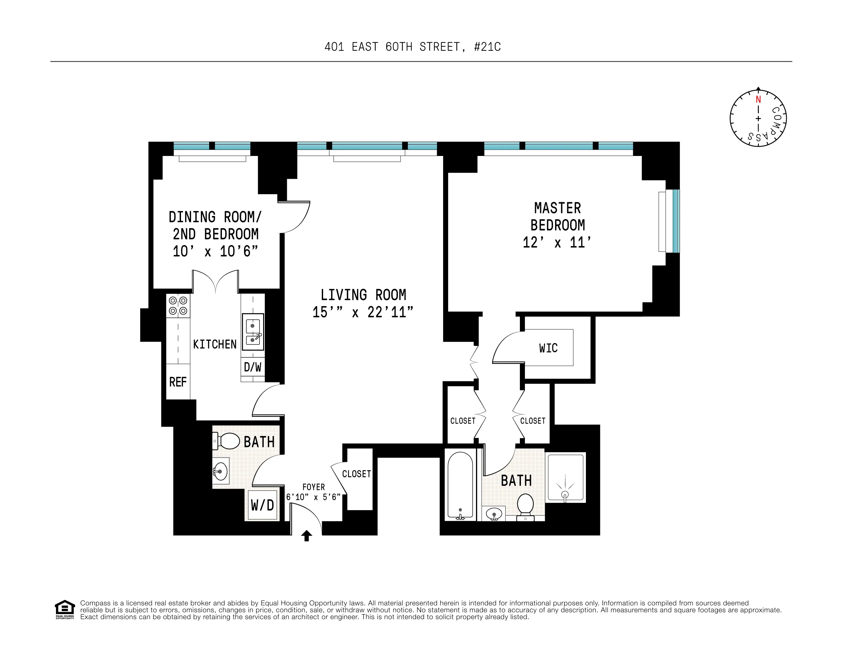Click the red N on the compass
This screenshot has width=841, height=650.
758,99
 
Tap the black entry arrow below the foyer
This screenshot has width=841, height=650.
306,536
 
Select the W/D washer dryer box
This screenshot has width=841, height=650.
262,505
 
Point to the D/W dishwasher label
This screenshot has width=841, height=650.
253,367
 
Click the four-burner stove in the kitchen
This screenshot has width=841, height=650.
178,306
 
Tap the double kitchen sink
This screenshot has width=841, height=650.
253,332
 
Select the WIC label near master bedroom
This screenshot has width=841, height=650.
548,348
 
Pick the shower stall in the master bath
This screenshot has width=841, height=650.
565,478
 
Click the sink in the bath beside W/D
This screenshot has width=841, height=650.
221,471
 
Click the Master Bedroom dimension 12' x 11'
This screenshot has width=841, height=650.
557,242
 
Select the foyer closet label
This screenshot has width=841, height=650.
356,474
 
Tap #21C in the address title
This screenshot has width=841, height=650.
487,47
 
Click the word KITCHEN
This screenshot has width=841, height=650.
215,344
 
